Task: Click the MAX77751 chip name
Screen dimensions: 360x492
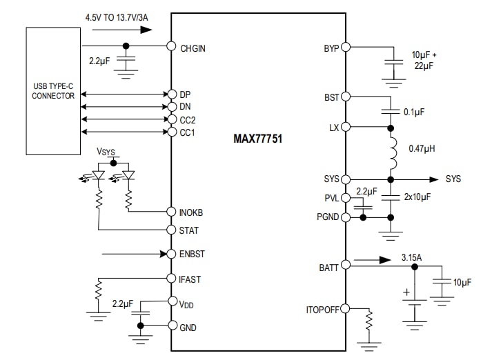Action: click(257, 138)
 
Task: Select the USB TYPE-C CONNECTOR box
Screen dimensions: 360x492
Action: click(53, 91)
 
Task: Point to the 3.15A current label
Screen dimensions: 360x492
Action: click(411, 258)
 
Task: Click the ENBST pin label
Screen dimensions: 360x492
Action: click(193, 254)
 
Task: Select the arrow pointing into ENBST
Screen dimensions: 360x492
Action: click(135, 254)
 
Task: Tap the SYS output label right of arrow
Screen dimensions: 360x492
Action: click(453, 179)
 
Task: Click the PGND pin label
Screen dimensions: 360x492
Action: click(327, 217)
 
